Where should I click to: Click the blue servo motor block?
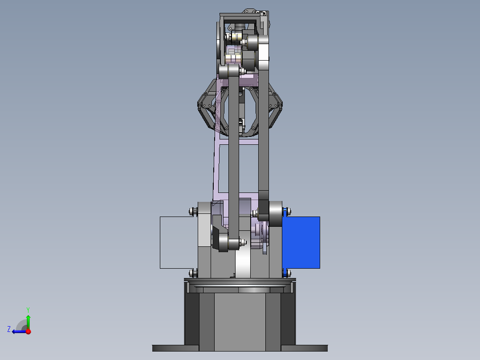301,242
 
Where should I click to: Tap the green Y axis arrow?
28,322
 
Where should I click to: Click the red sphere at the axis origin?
28,331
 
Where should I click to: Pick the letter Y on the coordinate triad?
28,310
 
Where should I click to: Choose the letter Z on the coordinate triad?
9,329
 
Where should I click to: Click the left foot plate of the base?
176,348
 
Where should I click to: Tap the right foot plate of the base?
304,348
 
